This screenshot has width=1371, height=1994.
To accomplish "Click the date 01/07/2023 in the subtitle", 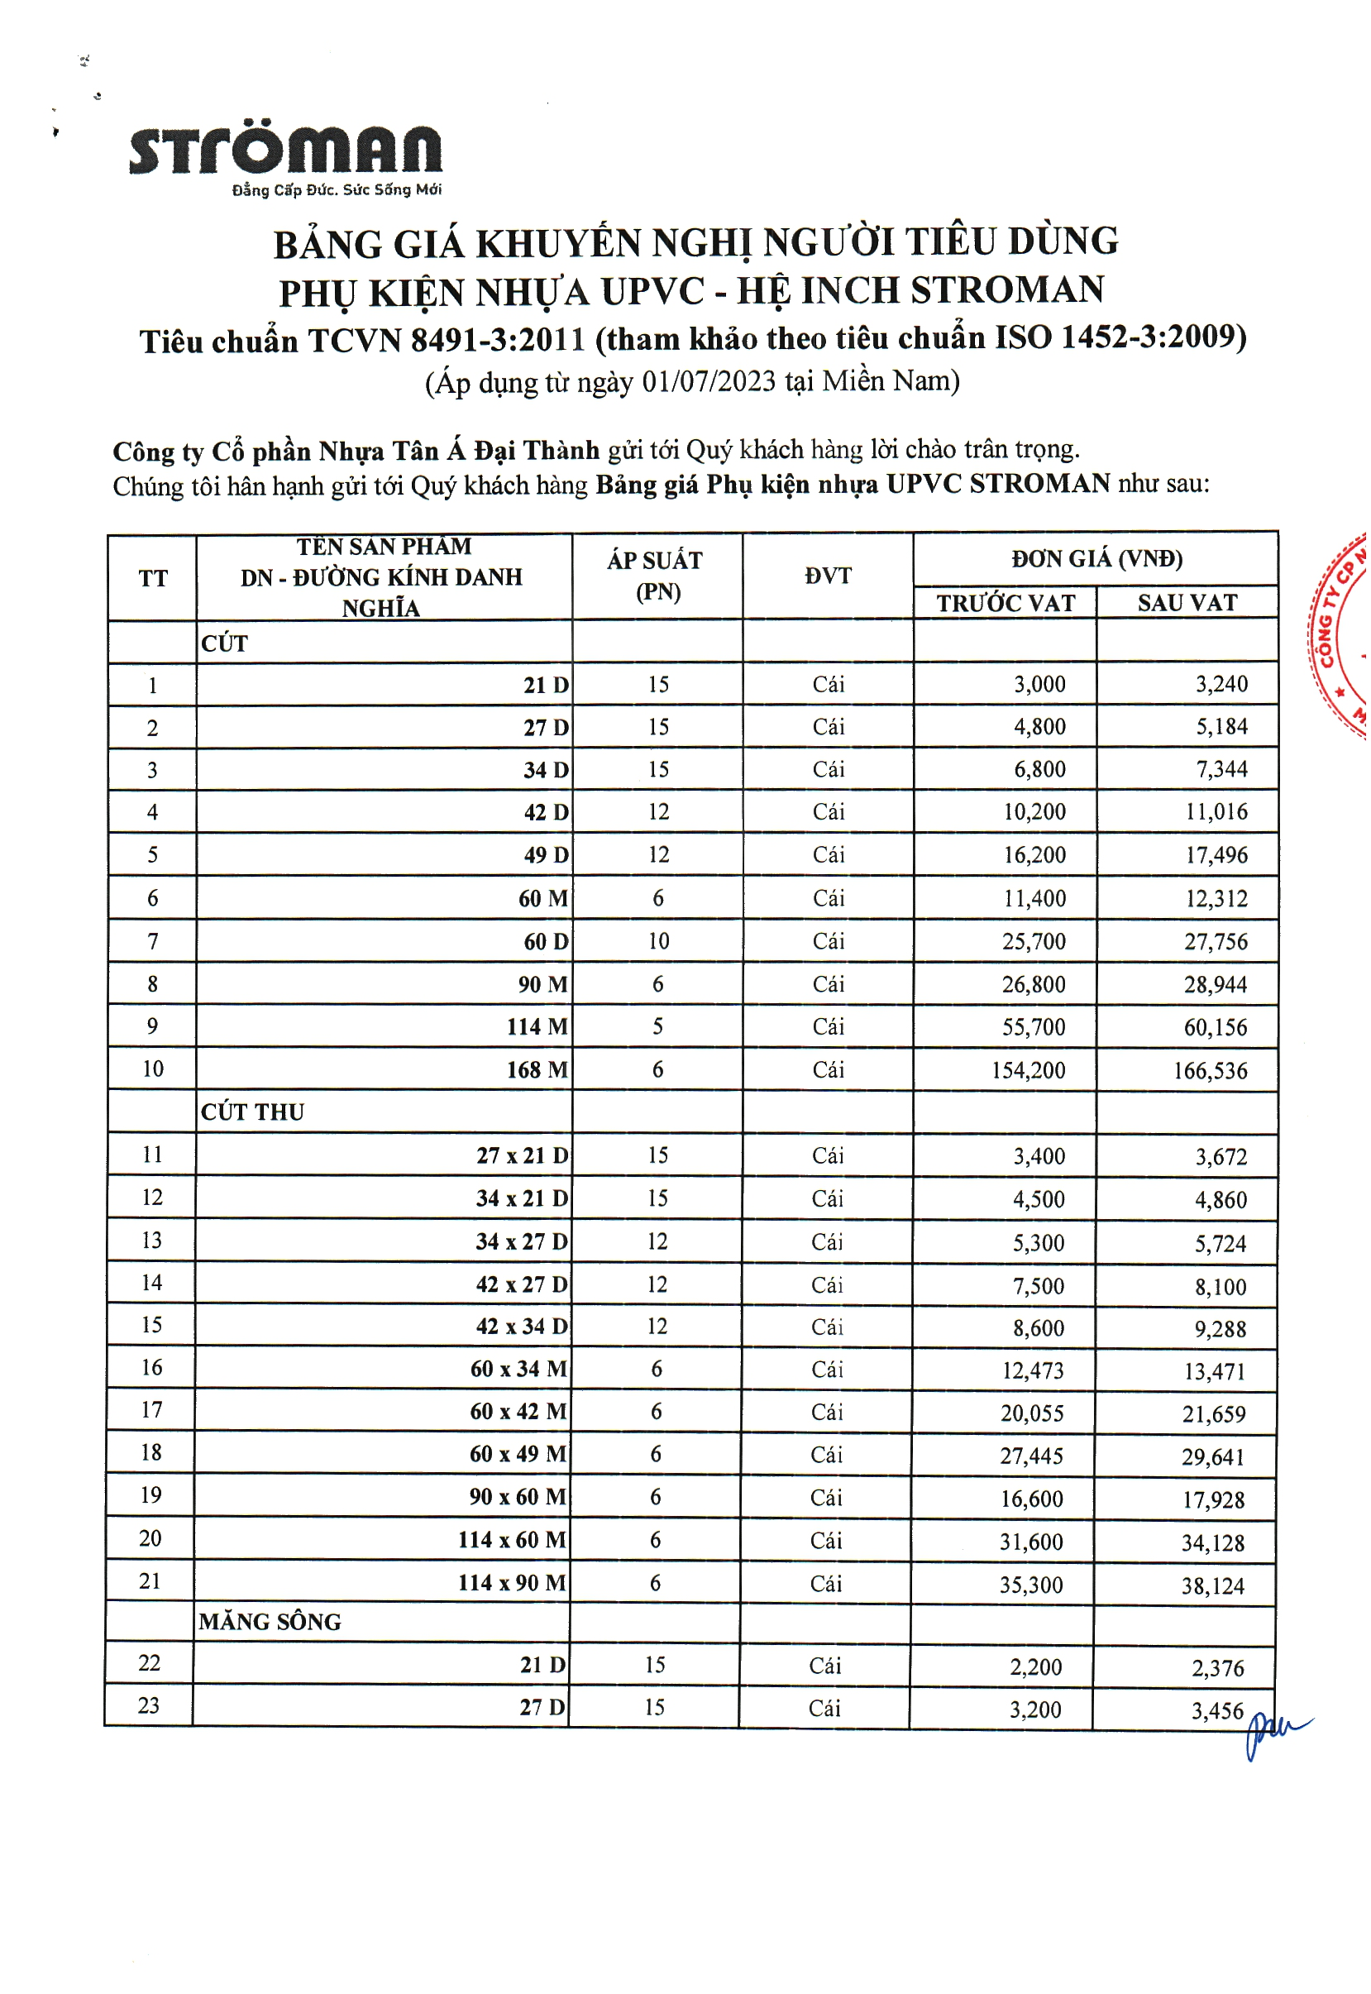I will click(x=709, y=381).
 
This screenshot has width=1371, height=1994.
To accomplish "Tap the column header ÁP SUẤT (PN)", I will click(x=657, y=576).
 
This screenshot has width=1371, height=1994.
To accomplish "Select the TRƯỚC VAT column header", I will click(x=1005, y=603).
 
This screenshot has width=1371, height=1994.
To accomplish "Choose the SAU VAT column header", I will click(x=1187, y=603).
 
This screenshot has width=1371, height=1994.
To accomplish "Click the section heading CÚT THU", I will click(x=252, y=1112).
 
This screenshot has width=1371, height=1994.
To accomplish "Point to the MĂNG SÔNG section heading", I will click(x=270, y=1622).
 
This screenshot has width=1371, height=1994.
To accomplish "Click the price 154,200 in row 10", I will click(x=1029, y=1070).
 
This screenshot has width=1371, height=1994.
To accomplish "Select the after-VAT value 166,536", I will click(x=1211, y=1071).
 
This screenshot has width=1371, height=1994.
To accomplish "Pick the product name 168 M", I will click(x=537, y=1070).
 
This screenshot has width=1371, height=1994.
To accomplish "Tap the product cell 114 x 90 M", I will click(x=512, y=1583).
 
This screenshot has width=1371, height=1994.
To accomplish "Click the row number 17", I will click(x=151, y=1411).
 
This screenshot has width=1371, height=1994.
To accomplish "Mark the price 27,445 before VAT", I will click(x=1032, y=1456).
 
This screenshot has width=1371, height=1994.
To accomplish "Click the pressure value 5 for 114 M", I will click(x=658, y=1026).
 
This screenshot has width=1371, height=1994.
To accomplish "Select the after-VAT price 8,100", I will click(x=1220, y=1287).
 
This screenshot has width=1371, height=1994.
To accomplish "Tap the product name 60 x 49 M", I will click(x=518, y=1455).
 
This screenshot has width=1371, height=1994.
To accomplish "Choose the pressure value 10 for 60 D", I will click(x=658, y=941).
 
